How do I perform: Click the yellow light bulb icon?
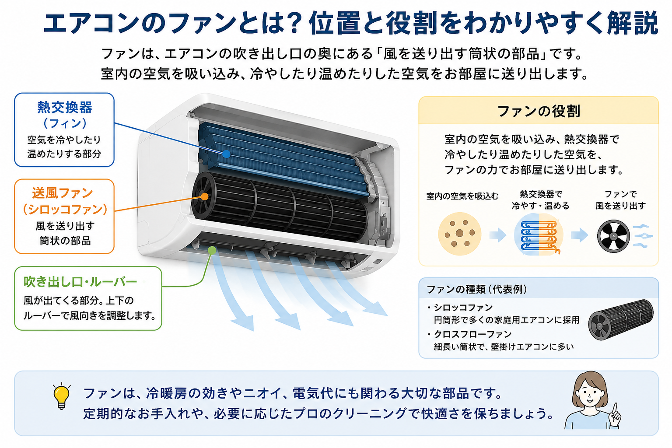pyautogui.click(x=62, y=396)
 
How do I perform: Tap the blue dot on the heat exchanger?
pyautogui.click(x=226, y=154)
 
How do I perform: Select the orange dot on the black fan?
pyautogui.click(x=205, y=196)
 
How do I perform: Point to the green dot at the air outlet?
pyautogui.click(x=212, y=250)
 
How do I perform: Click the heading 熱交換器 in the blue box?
pyautogui.click(x=64, y=108)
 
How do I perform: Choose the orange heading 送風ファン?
pyautogui.click(x=63, y=193)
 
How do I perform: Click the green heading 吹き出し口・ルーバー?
pyautogui.click(x=80, y=281)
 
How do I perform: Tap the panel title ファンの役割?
pyautogui.click(x=539, y=111)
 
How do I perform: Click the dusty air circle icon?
pyautogui.click(x=460, y=234)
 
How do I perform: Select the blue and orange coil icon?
pyautogui.click(x=539, y=234)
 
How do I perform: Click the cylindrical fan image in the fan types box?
pyautogui.click(x=620, y=320)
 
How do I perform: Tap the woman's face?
pyautogui.click(x=589, y=394)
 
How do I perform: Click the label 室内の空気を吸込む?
pyautogui.click(x=462, y=196)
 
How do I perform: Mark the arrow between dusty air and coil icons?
pyautogui.click(x=498, y=234)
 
